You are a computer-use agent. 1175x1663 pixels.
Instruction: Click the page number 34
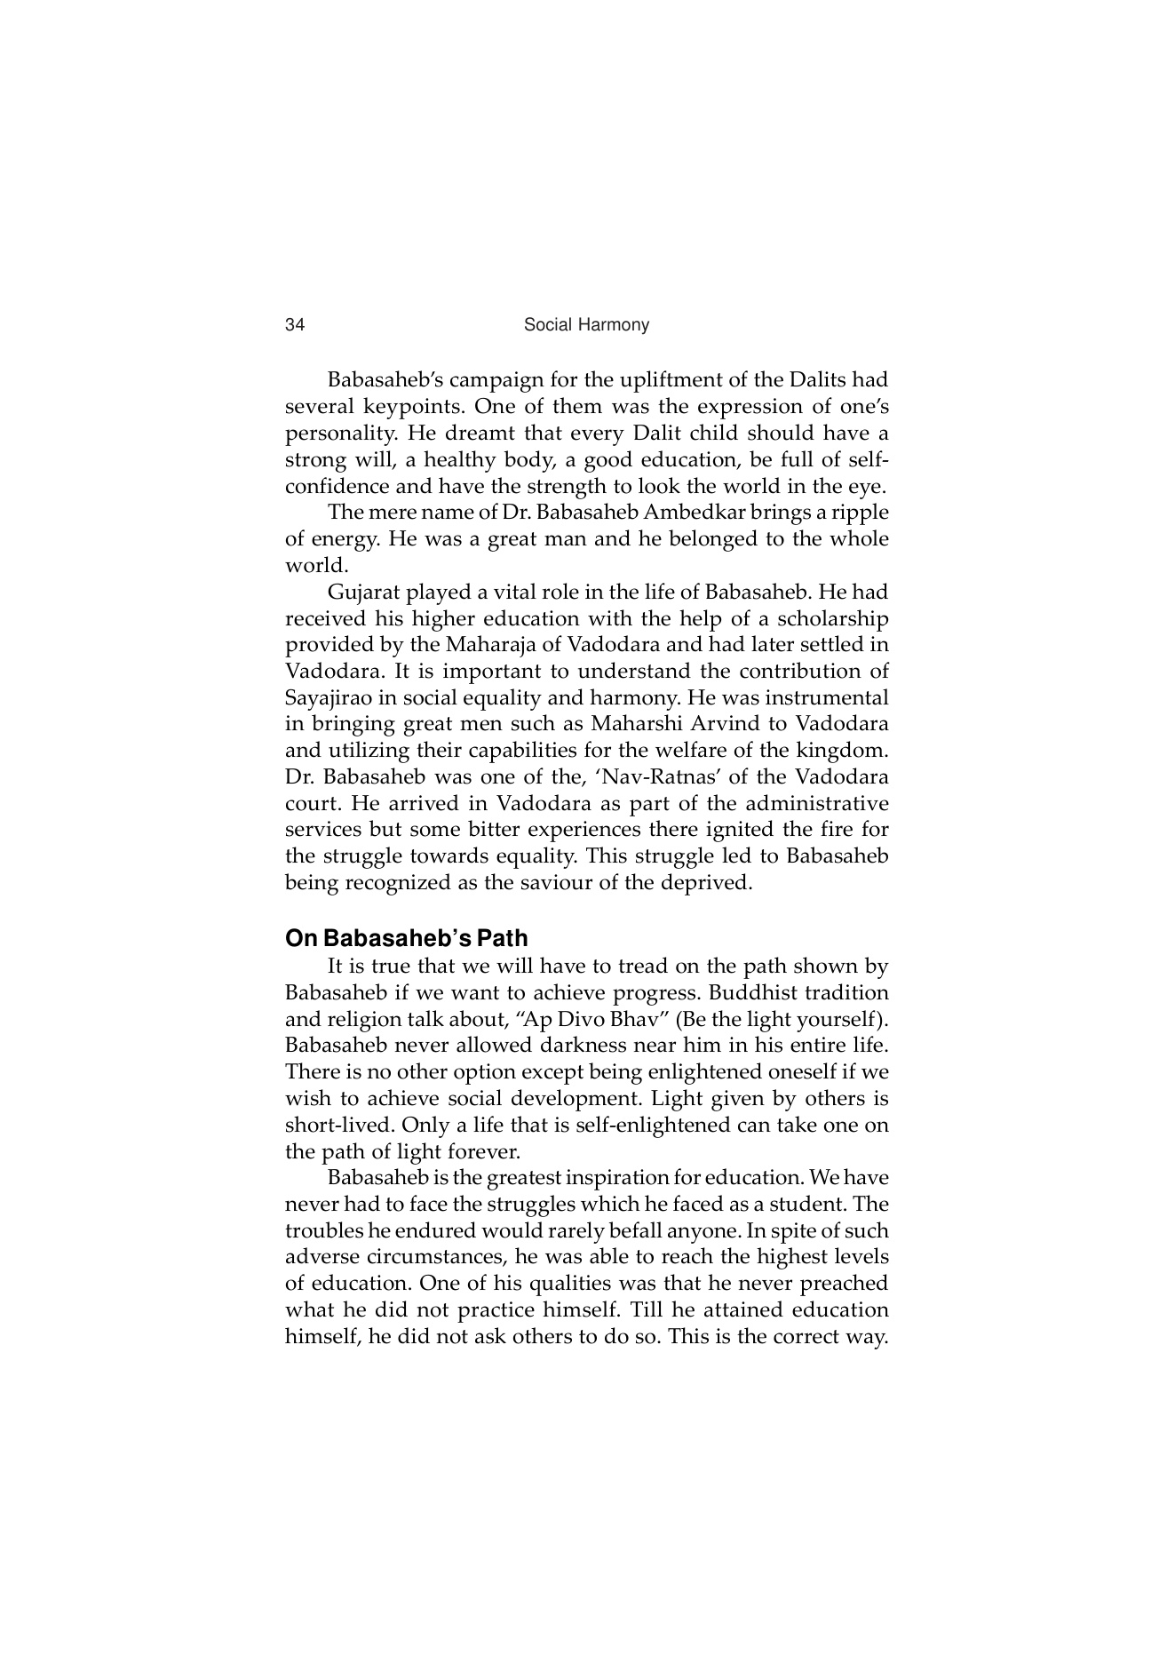pos(295,325)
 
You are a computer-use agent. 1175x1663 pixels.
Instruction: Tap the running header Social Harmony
pos(586,325)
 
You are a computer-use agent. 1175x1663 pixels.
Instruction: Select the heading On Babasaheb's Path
pos(406,938)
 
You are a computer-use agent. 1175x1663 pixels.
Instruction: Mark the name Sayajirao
pos(328,697)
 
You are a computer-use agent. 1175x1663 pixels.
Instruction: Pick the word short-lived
pos(338,1125)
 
